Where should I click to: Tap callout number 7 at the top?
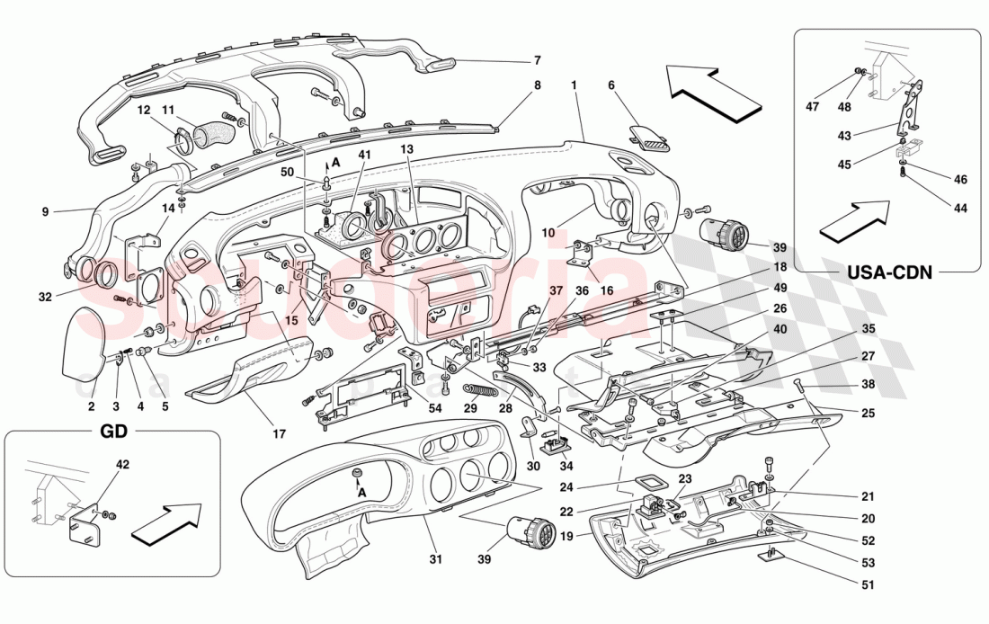pos(537,61)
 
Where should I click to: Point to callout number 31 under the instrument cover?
pos(436,559)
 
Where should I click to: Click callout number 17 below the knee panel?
pos(280,433)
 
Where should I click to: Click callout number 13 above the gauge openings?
pos(406,149)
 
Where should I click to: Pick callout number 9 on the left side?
pos(44,213)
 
